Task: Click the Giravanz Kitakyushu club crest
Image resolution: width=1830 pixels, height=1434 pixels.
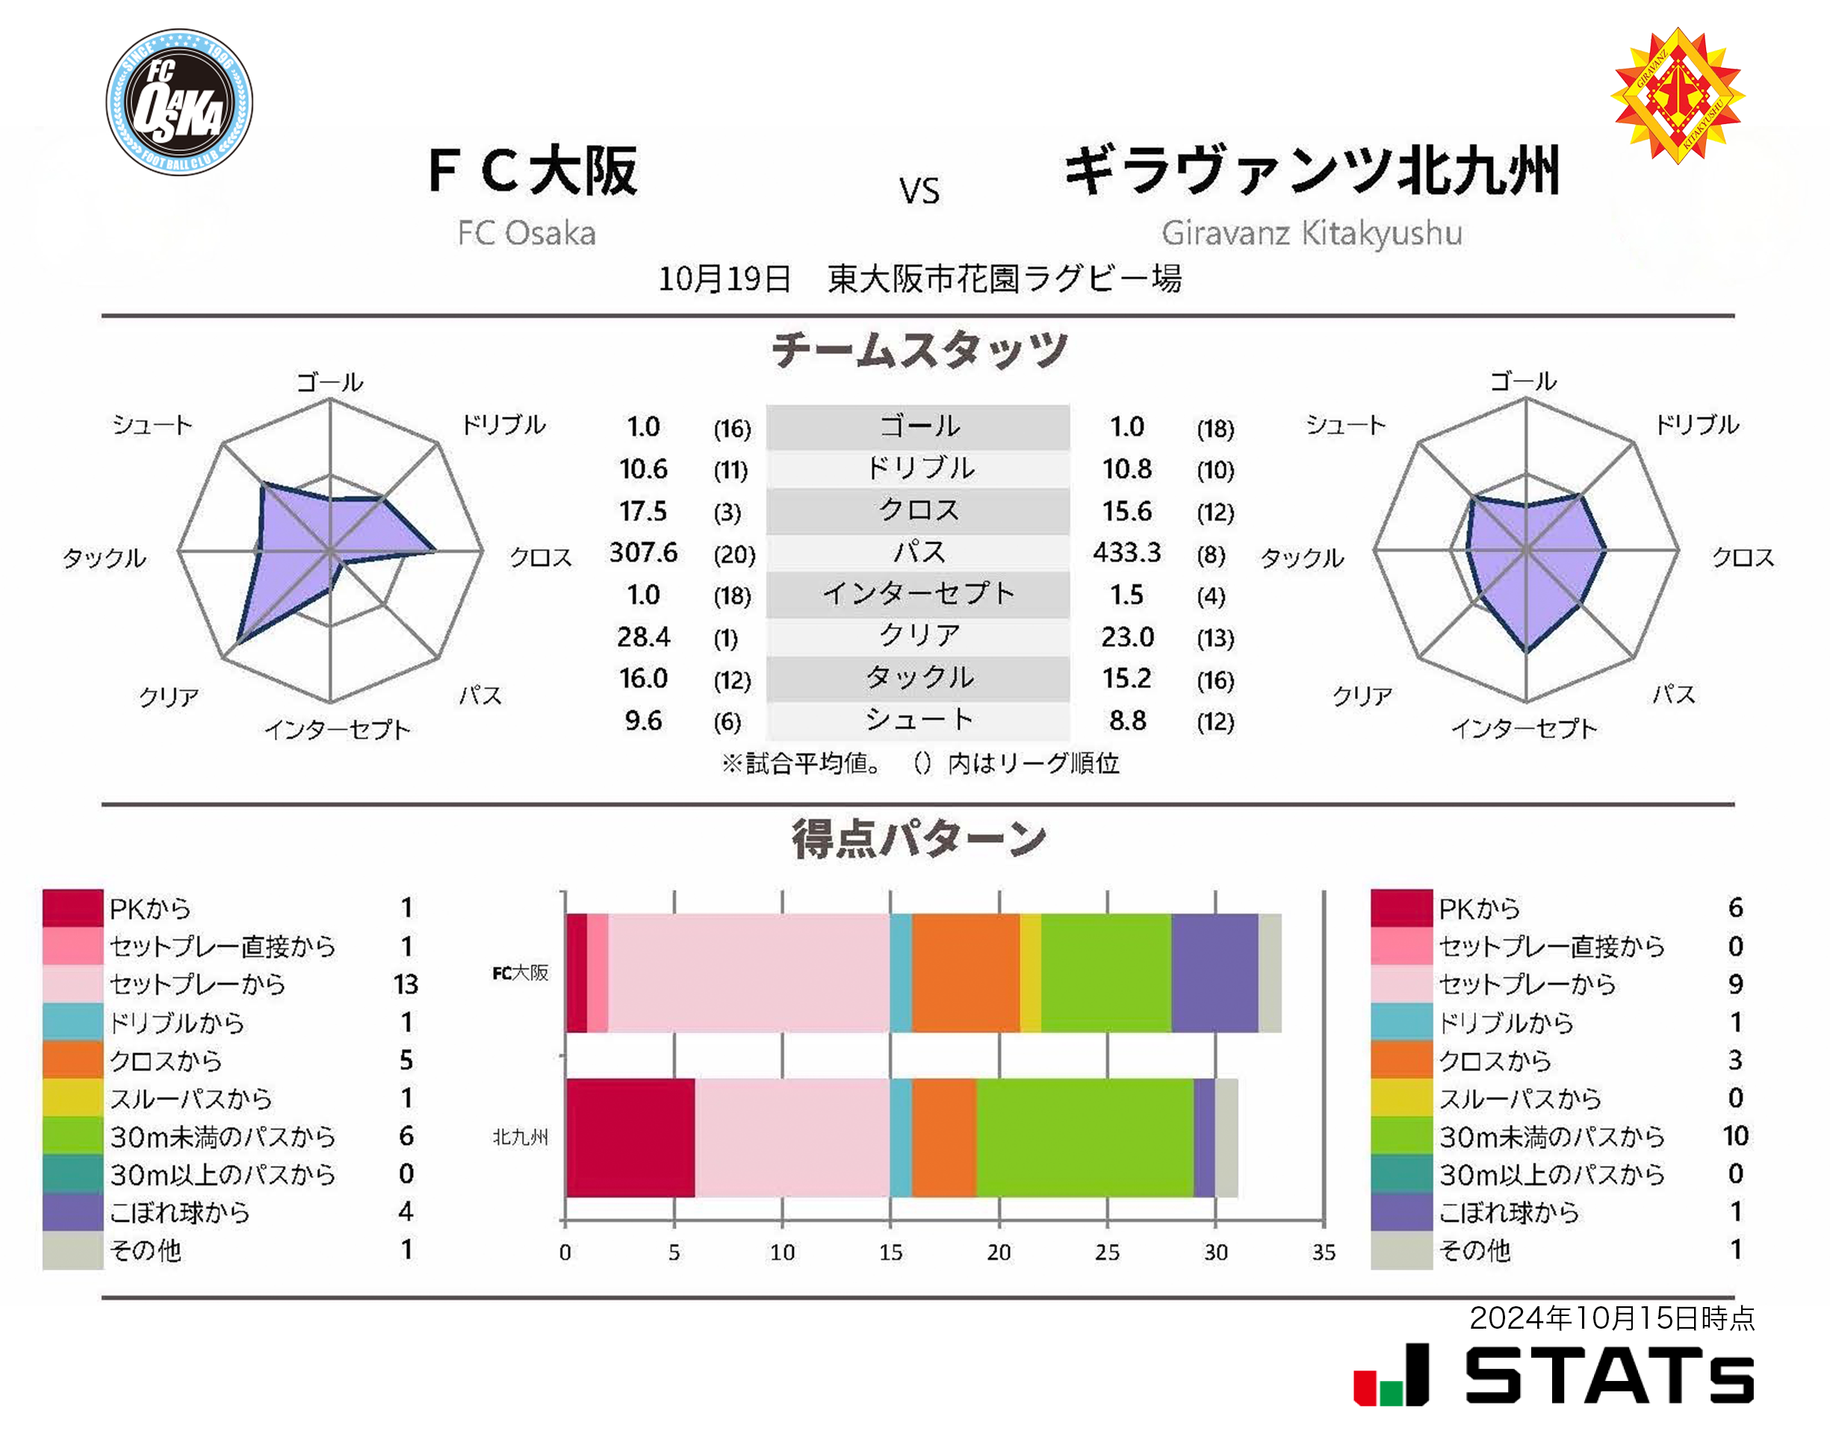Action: click(1676, 95)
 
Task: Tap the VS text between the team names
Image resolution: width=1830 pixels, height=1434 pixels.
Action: click(919, 191)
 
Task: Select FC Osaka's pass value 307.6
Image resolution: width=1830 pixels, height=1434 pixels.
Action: click(643, 553)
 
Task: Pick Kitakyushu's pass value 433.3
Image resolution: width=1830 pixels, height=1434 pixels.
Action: click(1126, 553)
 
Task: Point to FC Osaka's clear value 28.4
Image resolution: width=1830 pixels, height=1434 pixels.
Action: click(643, 636)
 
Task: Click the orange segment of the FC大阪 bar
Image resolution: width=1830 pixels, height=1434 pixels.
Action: click(965, 972)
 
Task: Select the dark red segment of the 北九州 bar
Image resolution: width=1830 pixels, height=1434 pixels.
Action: click(630, 1137)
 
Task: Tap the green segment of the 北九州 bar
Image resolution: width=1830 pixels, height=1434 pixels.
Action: click(1085, 1137)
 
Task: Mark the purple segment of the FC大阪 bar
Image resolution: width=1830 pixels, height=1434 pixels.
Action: click(1214, 972)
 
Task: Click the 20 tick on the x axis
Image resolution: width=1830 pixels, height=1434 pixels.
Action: click(998, 1252)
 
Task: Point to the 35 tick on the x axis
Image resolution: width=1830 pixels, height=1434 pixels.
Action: click(1323, 1252)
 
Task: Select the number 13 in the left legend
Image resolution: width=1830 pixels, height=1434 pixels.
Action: click(406, 984)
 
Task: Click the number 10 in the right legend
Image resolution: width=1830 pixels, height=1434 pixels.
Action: click(1735, 1136)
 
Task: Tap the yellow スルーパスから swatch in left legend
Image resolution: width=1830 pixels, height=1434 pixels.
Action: click(73, 1098)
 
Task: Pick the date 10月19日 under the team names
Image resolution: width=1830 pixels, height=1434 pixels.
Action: click(724, 279)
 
